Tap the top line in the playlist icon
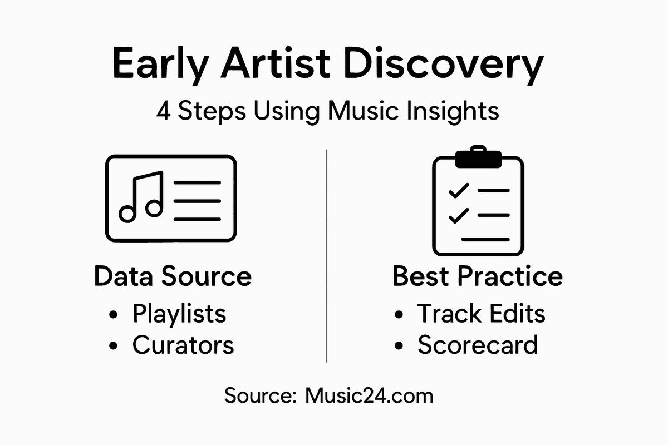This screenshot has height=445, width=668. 197,182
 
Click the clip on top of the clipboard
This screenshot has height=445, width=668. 478,157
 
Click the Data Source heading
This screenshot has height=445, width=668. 173,276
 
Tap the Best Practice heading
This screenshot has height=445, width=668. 478,276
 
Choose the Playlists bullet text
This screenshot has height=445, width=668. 179,314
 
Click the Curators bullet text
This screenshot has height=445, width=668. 183,345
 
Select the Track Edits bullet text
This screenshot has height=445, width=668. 481,314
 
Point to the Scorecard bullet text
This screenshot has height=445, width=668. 478,345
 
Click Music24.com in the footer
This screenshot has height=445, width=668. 369,396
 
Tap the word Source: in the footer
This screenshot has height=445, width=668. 261,396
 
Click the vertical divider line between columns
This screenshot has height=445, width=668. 327,256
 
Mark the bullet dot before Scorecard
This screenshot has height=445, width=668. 399,347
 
